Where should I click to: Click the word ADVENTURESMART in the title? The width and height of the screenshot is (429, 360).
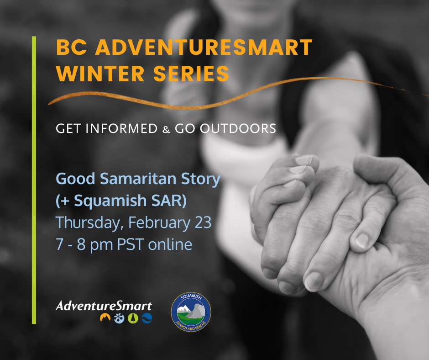(204, 48)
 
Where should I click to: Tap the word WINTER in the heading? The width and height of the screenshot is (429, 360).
(100, 74)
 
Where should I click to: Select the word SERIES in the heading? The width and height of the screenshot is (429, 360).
(191, 74)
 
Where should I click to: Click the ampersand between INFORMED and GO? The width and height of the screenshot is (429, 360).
(166, 129)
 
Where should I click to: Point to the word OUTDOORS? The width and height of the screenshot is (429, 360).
(238, 128)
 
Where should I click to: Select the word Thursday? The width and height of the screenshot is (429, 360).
(88, 223)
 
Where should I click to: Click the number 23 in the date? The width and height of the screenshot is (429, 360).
(203, 222)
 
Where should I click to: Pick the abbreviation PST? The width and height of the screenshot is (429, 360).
(130, 244)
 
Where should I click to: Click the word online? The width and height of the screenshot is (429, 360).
(170, 244)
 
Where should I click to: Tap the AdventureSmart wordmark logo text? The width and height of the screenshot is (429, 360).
(104, 306)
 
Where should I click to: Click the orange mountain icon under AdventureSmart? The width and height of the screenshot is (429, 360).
(105, 318)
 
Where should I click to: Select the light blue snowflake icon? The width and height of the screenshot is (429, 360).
(119, 318)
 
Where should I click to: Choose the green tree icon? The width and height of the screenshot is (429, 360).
(133, 318)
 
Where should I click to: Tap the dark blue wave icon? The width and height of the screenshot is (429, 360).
(147, 318)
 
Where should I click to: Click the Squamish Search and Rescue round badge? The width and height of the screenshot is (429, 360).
(191, 312)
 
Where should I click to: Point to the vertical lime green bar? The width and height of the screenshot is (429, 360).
(34, 180)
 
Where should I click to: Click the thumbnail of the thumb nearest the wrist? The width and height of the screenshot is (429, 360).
(362, 240)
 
